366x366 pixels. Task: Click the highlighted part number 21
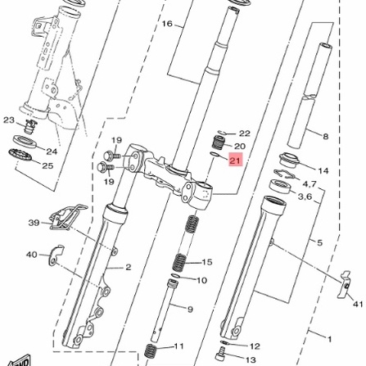pyautogui.click(x=235, y=160)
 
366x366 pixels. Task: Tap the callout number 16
pyautogui.click(x=167, y=24)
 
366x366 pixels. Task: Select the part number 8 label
pyautogui.click(x=326, y=136)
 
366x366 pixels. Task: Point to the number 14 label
pyautogui.click(x=323, y=171)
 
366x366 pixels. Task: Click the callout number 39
pyautogui.click(x=34, y=223)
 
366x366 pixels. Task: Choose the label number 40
pyautogui.click(x=32, y=255)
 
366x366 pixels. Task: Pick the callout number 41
pyautogui.click(x=359, y=304)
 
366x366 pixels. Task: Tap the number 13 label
pyautogui.click(x=251, y=360)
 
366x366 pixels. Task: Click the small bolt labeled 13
pyautogui.click(x=220, y=353)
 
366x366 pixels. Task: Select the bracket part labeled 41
pyautogui.click(x=343, y=285)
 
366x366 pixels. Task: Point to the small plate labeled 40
pyautogui.click(x=56, y=255)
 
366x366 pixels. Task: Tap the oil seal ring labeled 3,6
pyautogui.click(x=281, y=187)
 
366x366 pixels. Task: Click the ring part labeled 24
pyautogui.click(x=25, y=142)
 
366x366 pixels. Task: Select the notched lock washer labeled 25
pyautogui.click(x=20, y=155)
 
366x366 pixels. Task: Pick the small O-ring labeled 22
pyautogui.click(x=222, y=133)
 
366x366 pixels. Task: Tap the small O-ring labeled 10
pyautogui.click(x=175, y=276)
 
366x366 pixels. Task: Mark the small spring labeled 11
pyautogui.click(x=151, y=350)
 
